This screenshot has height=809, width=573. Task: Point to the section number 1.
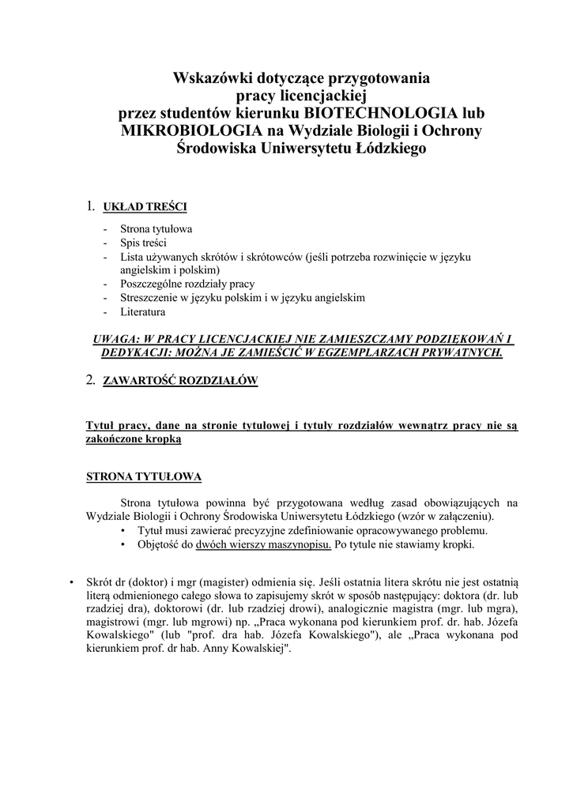tap(90, 207)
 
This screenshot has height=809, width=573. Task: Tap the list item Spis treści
tap(143, 243)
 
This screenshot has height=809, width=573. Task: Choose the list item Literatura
tap(142, 312)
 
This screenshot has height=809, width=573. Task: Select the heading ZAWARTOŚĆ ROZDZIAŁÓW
tap(181, 381)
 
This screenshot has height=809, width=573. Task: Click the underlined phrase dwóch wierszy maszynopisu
tap(264, 545)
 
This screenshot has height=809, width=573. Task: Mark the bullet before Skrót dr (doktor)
tap(72, 581)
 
